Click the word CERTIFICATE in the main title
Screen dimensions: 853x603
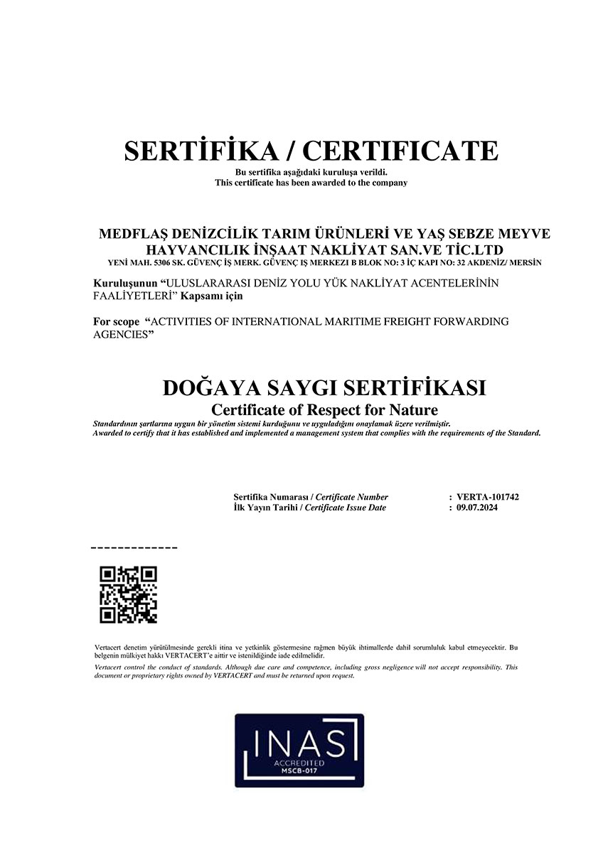(x=401, y=151)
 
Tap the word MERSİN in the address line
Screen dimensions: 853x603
(x=525, y=262)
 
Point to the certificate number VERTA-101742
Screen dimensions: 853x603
(x=489, y=497)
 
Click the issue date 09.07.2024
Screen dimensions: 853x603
(x=479, y=508)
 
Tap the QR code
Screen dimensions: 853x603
(x=128, y=595)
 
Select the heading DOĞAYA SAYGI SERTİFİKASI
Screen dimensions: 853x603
(x=324, y=389)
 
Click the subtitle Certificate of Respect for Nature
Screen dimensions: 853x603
(x=325, y=410)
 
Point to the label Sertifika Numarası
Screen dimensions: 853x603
(x=272, y=497)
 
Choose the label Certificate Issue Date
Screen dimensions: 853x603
(x=345, y=508)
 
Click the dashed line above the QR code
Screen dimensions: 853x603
(x=134, y=548)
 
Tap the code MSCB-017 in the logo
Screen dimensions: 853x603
(x=299, y=770)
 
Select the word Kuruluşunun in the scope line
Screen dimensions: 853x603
(x=124, y=283)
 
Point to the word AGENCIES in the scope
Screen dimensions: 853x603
(x=124, y=333)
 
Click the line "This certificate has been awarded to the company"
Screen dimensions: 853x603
(x=311, y=183)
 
